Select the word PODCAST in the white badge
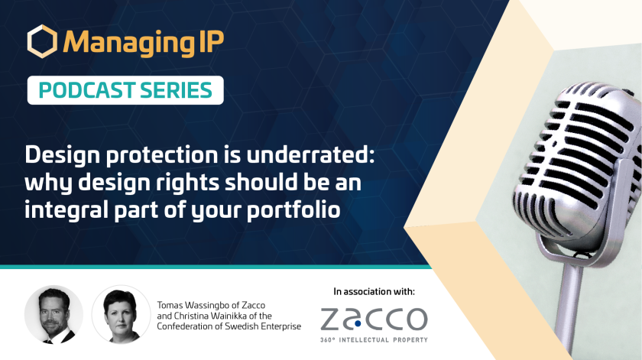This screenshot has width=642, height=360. [x=86, y=90]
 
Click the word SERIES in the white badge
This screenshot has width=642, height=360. [x=176, y=90]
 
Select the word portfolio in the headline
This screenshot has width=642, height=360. [x=293, y=210]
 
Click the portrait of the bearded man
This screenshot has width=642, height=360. [x=53, y=315]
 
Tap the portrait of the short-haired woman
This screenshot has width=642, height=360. [x=121, y=315]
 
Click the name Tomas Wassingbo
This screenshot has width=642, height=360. [x=193, y=305]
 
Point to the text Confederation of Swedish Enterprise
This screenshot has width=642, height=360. [x=229, y=326]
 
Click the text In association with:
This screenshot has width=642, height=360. [x=374, y=292]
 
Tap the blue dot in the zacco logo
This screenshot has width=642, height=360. [x=358, y=323]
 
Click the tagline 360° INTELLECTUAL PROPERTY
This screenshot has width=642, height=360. [x=374, y=340]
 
